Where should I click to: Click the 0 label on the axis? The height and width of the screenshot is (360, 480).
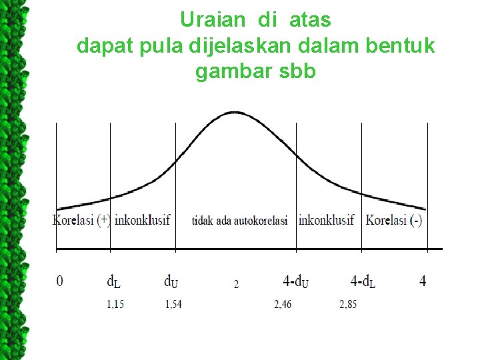click(60, 281)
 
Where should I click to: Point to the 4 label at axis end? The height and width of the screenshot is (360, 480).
click(423, 281)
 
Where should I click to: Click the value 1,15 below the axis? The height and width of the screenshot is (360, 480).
click(117, 305)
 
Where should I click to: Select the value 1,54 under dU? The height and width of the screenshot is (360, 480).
click(173, 305)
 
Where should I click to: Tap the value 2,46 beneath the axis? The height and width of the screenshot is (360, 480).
click(283, 305)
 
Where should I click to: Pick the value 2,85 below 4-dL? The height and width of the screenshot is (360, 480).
click(347, 305)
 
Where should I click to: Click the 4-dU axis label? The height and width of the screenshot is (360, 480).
click(295, 281)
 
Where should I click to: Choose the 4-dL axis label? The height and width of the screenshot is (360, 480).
click(362, 281)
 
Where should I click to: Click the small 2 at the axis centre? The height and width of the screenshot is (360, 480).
click(236, 284)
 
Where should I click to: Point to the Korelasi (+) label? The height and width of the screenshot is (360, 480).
click(81, 220)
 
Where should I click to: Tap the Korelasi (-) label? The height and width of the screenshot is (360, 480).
click(393, 220)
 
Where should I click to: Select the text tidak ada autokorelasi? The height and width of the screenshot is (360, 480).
click(239, 221)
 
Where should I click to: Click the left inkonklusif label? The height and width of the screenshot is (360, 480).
click(142, 220)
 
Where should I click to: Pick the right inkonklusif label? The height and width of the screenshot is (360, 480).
click(326, 220)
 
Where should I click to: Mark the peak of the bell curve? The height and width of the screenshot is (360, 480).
click(233, 112)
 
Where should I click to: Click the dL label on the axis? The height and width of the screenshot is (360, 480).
click(114, 281)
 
